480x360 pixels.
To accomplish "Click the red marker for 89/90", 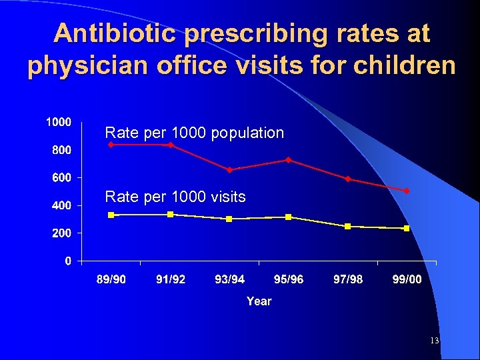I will coord(111,145).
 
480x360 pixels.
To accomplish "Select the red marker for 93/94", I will coord(229,170).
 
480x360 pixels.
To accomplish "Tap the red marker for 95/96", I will coord(288,160).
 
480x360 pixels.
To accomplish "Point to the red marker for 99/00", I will coord(406,191).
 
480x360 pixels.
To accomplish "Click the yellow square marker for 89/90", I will coord(111,215).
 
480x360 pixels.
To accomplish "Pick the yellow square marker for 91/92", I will coord(171,214).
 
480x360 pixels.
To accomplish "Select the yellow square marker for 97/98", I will coord(347,227).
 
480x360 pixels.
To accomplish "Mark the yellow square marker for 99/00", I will coord(406,229).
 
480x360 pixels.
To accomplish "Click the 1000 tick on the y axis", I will coord(59,123).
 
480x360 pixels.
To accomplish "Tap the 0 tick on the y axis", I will coord(69,261).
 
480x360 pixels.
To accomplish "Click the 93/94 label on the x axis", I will coord(229,279).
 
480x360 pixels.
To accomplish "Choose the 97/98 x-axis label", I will coord(347,279).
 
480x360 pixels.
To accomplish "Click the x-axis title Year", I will coord(259,301).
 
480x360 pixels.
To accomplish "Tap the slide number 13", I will coord(434,341).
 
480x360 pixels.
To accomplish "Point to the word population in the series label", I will coord(247,133).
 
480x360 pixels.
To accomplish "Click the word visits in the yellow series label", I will coord(227,197).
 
